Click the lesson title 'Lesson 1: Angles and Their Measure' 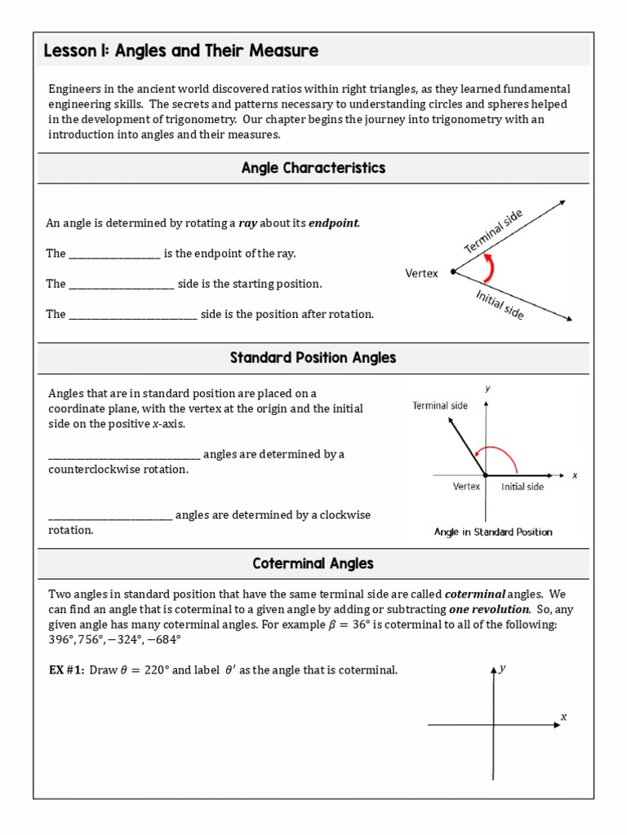(x=180, y=51)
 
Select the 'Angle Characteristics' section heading (x=313, y=168)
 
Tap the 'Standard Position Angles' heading (x=313, y=357)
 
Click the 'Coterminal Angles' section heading (x=313, y=563)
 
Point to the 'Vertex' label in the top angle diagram (x=421, y=273)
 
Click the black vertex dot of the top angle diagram (x=453, y=272)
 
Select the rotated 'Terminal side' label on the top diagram (x=493, y=231)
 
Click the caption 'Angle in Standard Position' (x=493, y=532)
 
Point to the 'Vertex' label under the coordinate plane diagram (x=466, y=487)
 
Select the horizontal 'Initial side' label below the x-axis (x=522, y=487)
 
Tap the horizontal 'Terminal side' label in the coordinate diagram (x=440, y=405)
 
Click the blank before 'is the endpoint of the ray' (x=114, y=254)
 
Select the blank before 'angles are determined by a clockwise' (x=110, y=515)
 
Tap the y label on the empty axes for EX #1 (x=503, y=668)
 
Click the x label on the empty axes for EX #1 (x=563, y=717)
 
